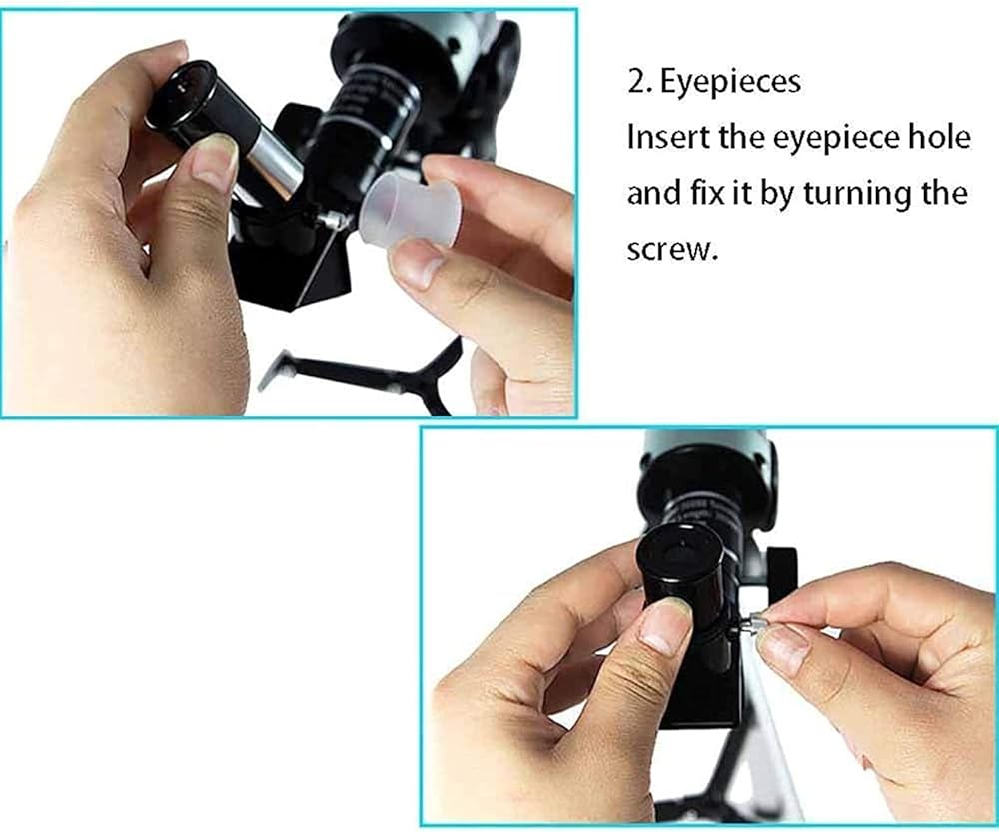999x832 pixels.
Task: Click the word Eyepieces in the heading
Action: (x=730, y=82)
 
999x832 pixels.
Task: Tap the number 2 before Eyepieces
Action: (x=637, y=82)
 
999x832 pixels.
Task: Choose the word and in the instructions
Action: (x=655, y=193)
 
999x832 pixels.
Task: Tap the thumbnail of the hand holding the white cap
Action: (x=417, y=263)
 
